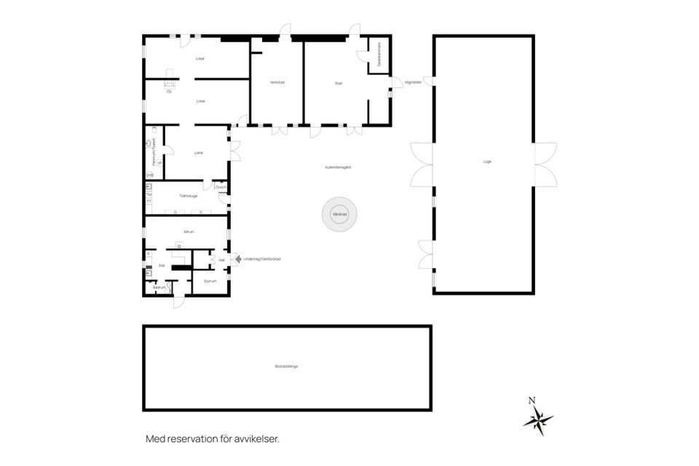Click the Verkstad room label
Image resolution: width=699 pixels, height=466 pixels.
pos(277,82)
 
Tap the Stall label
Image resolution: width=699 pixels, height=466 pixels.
pos(339,83)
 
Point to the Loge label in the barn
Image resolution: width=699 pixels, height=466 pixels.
pos(486,161)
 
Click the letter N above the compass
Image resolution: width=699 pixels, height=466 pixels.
pos(532,400)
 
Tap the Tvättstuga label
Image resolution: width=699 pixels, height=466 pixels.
pos(188,196)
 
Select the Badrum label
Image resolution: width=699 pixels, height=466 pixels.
pos(158,288)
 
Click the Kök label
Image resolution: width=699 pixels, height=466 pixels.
pos(162,266)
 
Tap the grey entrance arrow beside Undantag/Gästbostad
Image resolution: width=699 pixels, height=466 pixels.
pos(235,258)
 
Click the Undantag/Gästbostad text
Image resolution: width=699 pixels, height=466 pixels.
pos(262,258)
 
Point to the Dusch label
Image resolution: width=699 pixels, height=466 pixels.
pos(221,187)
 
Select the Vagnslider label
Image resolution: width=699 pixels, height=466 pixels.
pos(413,82)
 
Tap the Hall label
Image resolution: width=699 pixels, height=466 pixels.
pos(221,258)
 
